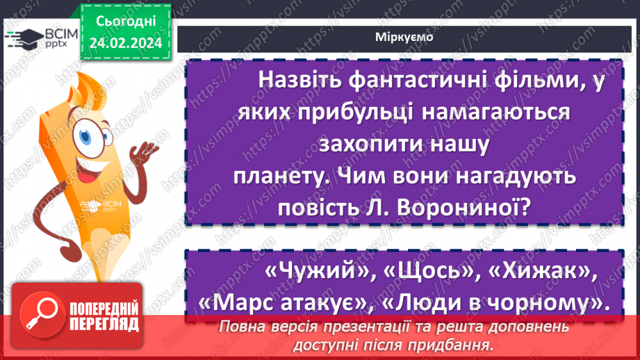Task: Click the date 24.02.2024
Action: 125,43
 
